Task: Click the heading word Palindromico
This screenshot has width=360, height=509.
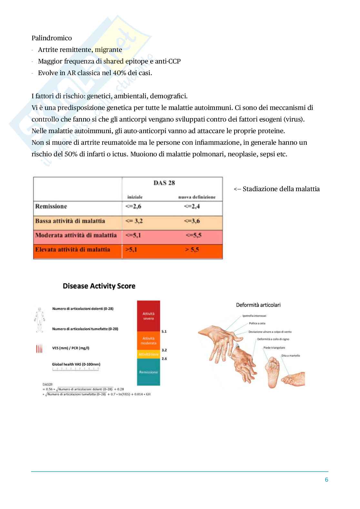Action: pos(52,38)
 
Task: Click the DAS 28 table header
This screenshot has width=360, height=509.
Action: pos(164,183)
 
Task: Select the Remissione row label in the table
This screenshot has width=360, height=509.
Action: pos(51,206)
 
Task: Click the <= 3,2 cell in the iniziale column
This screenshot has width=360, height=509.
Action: pos(134,221)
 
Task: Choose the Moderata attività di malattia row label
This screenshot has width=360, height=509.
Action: pos(76,235)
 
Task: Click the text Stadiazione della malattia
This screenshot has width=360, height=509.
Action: pos(281,189)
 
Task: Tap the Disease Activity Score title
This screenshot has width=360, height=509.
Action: pos(99,286)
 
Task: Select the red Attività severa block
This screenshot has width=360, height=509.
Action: pos(148,316)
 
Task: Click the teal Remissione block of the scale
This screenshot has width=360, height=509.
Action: pos(148,372)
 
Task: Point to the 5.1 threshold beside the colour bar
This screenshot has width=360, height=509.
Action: pos(164,331)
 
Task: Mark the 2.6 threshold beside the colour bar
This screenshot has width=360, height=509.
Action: pos(164,358)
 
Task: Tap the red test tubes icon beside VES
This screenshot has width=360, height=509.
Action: pos(39,348)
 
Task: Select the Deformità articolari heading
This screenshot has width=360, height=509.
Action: pos(258,305)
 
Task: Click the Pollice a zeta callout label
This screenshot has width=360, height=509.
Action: pos(257,323)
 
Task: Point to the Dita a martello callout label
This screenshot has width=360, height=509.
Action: pos(290,356)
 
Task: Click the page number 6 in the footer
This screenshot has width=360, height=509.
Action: pos(326,480)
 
